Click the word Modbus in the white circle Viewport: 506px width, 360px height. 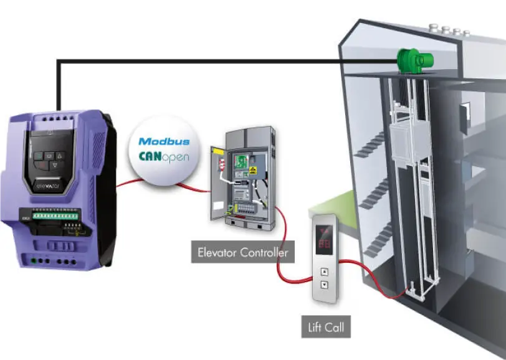(161, 141)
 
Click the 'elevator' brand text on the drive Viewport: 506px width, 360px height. (52, 185)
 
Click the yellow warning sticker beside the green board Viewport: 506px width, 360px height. (254, 169)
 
